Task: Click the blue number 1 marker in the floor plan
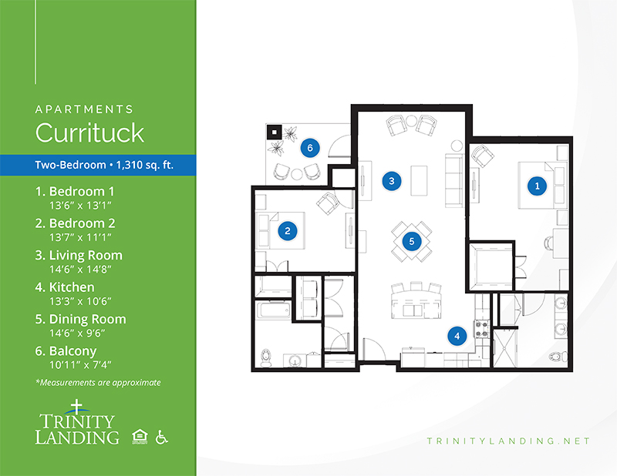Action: point(537,186)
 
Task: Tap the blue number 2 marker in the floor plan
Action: point(288,231)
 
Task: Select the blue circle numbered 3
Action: point(392,181)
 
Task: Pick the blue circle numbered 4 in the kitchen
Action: point(457,336)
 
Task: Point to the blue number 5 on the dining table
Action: point(412,241)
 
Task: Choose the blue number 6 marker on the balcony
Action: point(310,148)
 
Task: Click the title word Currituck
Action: point(89,132)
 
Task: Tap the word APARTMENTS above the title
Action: point(84,109)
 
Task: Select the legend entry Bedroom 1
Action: point(75,192)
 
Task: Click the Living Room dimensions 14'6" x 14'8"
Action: point(80,270)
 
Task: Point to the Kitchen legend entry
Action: point(65,287)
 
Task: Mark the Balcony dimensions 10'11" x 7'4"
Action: point(80,365)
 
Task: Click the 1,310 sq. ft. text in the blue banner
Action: point(145,165)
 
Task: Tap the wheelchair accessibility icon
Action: point(161,437)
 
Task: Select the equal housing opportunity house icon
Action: point(140,437)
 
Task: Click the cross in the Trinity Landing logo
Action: point(76,407)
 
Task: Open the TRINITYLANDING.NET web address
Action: point(508,441)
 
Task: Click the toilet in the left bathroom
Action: point(266,357)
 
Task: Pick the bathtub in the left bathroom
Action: point(274,310)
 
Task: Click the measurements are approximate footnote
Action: point(98,383)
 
